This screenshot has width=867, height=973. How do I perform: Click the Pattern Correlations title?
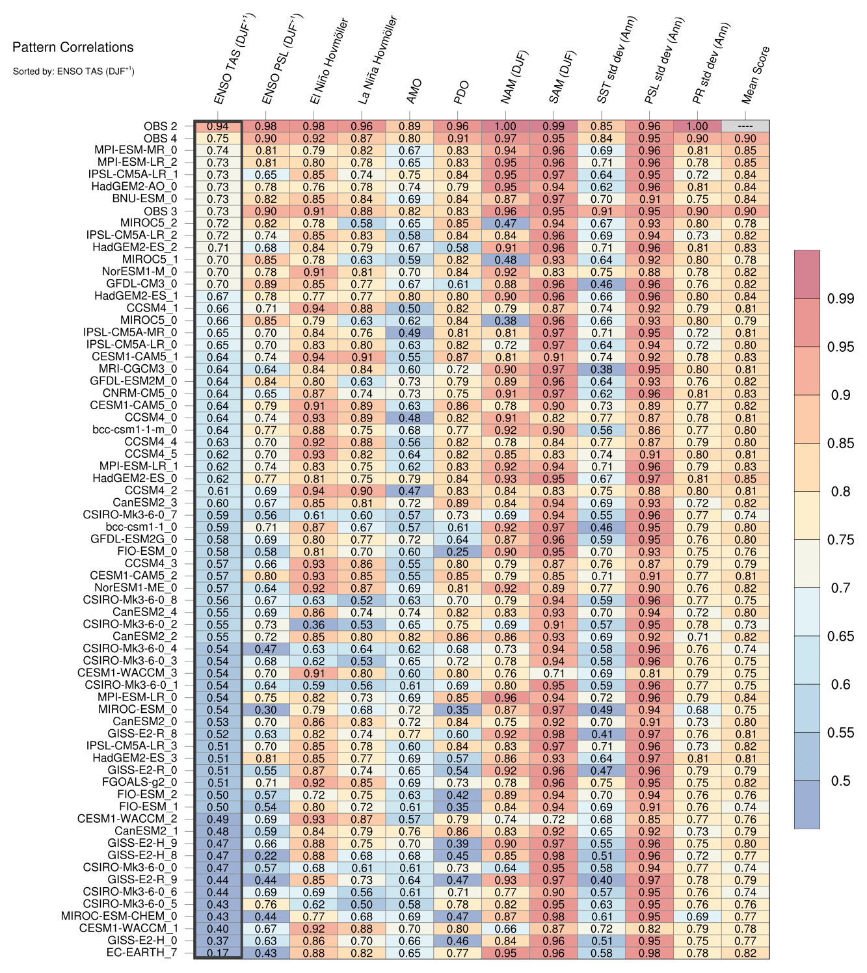[x=73, y=47]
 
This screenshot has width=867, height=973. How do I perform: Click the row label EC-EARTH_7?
[x=142, y=953]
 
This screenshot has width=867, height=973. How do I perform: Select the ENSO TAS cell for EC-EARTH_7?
[x=218, y=953]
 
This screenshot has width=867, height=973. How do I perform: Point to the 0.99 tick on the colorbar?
[x=840, y=299]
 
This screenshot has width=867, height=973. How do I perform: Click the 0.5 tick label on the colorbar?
[x=840, y=780]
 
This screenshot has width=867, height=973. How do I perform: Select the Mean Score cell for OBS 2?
[x=745, y=126]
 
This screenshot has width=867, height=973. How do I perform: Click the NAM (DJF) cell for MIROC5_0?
[x=505, y=321]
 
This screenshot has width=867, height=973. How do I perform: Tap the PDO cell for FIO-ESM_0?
[x=458, y=552]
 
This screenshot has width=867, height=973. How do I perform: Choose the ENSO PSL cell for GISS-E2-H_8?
[x=265, y=855]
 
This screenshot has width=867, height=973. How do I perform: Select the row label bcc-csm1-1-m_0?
[x=135, y=430]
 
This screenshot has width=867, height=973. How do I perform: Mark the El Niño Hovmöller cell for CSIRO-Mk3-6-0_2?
[x=313, y=624]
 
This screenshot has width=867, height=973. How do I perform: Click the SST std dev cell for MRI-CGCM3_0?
[x=602, y=369]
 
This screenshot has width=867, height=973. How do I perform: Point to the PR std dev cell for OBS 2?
[x=697, y=126]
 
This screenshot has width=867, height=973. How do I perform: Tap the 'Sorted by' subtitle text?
[x=73, y=71]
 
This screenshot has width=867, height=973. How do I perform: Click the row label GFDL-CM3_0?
[x=141, y=284]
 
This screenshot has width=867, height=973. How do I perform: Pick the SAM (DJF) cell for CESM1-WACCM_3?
[x=554, y=673]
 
